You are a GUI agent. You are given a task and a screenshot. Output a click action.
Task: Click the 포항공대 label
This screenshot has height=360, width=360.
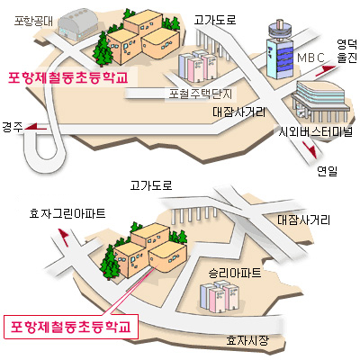33,21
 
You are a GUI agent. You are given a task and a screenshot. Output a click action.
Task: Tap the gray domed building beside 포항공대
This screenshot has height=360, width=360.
77,24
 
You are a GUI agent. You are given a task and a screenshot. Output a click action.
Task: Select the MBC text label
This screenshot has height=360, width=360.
310,58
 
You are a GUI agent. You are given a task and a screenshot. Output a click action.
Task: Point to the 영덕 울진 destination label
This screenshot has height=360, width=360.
347,51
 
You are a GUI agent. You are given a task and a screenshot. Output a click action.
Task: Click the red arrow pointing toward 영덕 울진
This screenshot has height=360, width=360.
326,70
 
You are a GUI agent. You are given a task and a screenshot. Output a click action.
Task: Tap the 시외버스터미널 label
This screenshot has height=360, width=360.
315,131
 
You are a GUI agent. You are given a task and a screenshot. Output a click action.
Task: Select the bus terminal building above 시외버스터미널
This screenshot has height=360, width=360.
319,102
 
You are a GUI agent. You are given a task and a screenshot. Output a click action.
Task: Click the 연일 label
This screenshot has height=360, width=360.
328,171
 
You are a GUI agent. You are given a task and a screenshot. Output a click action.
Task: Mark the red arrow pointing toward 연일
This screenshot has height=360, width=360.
310,149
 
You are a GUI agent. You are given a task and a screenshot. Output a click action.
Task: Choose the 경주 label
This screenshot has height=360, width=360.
13,127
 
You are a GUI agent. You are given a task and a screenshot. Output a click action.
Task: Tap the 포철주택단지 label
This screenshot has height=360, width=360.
201,94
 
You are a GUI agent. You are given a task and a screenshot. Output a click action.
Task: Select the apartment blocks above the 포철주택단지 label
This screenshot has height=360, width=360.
197,67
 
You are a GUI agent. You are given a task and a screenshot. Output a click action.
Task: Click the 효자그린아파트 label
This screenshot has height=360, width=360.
67,213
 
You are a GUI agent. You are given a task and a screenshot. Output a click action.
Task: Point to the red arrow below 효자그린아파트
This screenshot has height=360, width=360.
64,238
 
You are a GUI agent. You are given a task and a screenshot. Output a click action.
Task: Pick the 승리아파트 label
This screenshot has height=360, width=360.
235,273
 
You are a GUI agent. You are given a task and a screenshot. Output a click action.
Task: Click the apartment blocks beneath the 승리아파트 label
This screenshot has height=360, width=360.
220,297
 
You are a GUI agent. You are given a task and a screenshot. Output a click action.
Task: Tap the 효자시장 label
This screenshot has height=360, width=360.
247,341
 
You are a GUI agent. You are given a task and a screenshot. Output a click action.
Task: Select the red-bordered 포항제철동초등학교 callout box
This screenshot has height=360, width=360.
71,327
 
